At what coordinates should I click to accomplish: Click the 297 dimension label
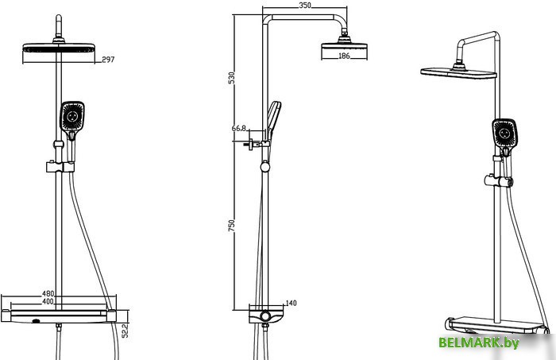(108, 60)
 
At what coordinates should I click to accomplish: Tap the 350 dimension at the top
(305, 6)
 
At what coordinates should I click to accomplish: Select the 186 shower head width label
(344, 56)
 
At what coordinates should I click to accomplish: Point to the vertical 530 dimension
(231, 78)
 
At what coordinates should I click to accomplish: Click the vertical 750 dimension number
(231, 226)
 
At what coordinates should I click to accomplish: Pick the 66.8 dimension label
(239, 128)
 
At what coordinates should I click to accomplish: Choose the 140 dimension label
(292, 303)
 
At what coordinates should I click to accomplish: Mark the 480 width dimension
(48, 294)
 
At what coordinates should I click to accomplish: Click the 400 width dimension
(48, 301)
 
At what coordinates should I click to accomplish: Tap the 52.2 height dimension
(125, 331)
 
